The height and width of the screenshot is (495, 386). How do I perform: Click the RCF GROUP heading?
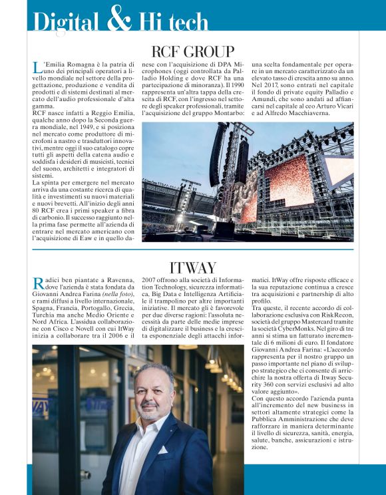(x=193, y=51)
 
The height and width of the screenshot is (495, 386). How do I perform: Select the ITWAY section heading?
(x=193, y=267)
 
